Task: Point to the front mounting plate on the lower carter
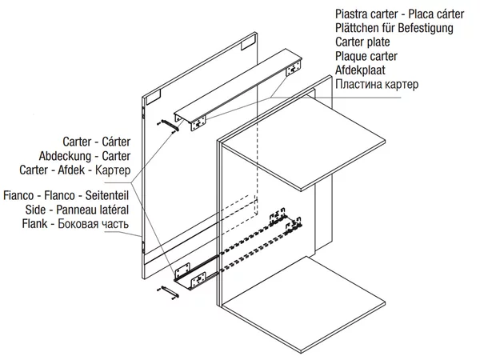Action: (x=196, y=277)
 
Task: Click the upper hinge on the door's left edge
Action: (x=142, y=103)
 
